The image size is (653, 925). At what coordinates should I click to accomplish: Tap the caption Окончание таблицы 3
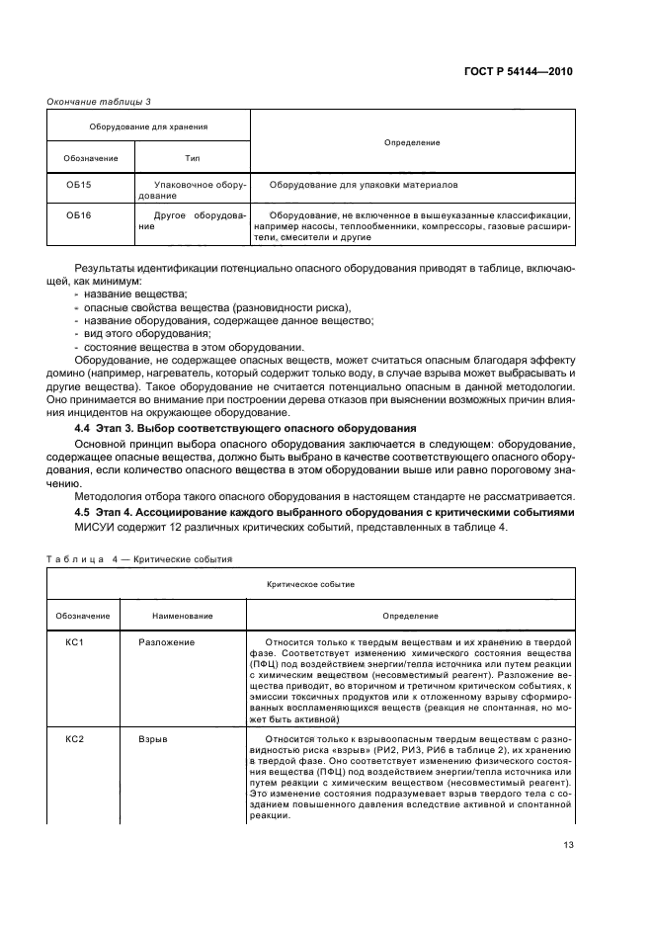coord(99,101)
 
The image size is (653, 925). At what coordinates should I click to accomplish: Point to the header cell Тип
coord(193,158)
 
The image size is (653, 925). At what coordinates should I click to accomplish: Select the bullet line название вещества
coord(135,294)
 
